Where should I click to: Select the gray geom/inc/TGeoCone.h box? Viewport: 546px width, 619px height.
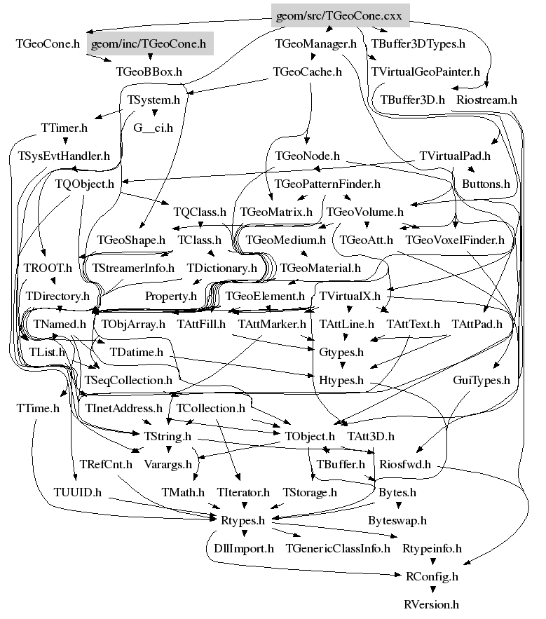(151, 43)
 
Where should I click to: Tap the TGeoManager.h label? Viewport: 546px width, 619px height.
(316, 43)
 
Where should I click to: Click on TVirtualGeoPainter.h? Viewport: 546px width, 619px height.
(425, 72)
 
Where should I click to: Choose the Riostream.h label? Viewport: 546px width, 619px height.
(486, 100)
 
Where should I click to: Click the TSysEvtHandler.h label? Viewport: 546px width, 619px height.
(64, 156)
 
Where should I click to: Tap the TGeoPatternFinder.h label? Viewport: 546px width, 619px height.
(327, 184)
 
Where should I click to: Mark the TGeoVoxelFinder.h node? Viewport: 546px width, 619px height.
(455, 240)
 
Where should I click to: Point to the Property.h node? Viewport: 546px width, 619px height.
(171, 296)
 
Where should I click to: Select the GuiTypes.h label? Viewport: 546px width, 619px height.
(481, 380)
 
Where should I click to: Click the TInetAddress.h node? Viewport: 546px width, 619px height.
(123, 407)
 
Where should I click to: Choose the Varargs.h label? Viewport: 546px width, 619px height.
(170, 463)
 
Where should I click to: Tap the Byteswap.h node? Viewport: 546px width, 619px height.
(397, 520)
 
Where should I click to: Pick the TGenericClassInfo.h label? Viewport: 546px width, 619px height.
(338, 548)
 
